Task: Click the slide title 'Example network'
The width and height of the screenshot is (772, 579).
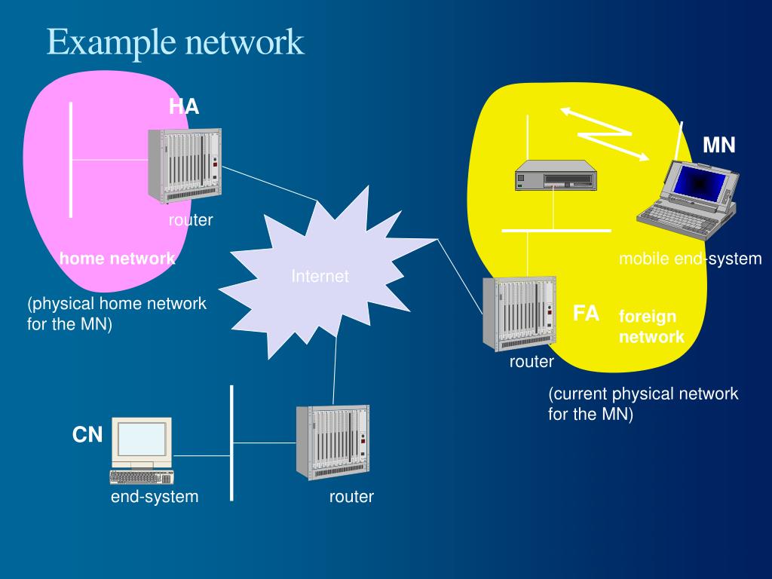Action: tap(175, 42)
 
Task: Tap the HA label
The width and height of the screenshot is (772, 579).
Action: tap(184, 106)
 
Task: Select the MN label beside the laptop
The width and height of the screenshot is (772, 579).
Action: tap(718, 145)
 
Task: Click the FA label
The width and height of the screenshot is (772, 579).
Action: tap(586, 314)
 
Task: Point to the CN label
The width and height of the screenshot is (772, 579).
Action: tap(87, 435)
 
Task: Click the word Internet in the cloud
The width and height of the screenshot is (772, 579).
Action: tap(320, 277)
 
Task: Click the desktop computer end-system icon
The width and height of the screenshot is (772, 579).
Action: tap(141, 451)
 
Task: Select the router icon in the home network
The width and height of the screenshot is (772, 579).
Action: tap(185, 166)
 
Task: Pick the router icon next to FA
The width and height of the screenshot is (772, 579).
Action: tap(519, 314)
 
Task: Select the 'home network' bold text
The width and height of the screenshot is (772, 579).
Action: tap(118, 259)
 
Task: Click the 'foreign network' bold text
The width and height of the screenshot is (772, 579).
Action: tap(651, 326)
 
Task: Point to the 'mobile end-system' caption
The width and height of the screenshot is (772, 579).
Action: tap(690, 259)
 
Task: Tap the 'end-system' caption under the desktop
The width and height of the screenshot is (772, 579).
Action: tap(155, 496)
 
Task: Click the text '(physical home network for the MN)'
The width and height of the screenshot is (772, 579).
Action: tap(117, 314)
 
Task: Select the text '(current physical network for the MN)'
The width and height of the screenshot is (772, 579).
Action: tap(642, 404)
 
